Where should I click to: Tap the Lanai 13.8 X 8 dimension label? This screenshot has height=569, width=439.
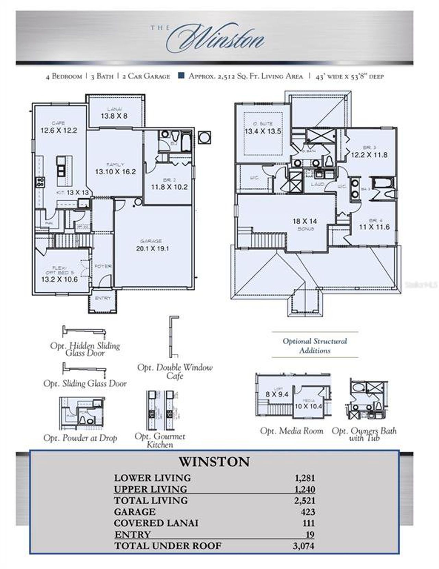tap(114, 116)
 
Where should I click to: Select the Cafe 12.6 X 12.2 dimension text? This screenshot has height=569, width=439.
tap(59, 130)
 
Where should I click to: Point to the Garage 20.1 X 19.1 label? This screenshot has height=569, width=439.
tap(152, 248)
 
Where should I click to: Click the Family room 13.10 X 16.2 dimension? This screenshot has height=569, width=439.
tap(115, 172)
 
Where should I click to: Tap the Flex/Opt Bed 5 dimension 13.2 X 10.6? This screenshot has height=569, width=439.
tap(59, 279)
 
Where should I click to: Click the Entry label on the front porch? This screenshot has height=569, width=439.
tap(103, 298)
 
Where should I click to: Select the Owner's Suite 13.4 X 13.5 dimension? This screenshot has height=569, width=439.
tap(263, 131)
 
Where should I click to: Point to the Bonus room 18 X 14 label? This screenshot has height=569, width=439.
tap(305, 221)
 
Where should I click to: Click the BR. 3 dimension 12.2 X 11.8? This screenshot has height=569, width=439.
tap(369, 155)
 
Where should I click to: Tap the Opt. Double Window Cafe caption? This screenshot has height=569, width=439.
tap(175, 371)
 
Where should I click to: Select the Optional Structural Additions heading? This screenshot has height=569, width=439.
tap(315, 346)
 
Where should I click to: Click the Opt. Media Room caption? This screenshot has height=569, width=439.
tap(292, 431)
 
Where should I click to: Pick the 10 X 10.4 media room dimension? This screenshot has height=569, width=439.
tap(308, 406)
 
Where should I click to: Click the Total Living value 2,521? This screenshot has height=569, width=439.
tap(304, 500)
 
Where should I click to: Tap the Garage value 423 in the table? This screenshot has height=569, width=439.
tap(308, 512)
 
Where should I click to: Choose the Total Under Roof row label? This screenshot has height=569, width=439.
tap(168, 546)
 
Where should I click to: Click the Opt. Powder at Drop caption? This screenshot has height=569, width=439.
tap(80, 438)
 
